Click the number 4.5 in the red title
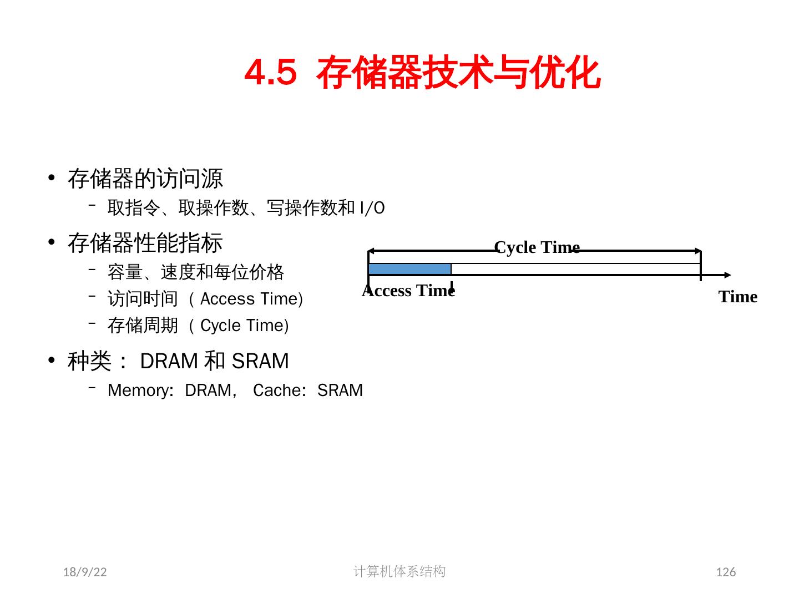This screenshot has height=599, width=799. point(270,73)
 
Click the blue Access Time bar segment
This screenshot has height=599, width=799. point(409,270)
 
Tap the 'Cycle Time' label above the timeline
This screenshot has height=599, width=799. point(537,247)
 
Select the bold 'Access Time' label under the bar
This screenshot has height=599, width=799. point(408,291)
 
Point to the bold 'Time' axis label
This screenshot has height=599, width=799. point(737,297)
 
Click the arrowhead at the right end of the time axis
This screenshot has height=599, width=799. point(727,275)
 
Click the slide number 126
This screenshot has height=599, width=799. point(726,572)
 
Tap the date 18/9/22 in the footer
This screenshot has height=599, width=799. point(85,572)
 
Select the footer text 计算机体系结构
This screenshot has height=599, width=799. point(399,571)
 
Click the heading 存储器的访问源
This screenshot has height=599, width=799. point(145,179)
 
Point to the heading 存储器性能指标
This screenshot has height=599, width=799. point(145,243)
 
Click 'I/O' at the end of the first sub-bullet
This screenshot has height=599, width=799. point(372,209)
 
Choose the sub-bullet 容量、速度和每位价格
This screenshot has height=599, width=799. point(195,272)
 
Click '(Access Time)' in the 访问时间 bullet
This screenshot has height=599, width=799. point(247,299)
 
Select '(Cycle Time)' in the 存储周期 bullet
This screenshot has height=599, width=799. point(240,326)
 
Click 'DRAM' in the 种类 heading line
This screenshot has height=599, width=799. point(169,361)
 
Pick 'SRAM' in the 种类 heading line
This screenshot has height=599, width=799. point(260,361)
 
